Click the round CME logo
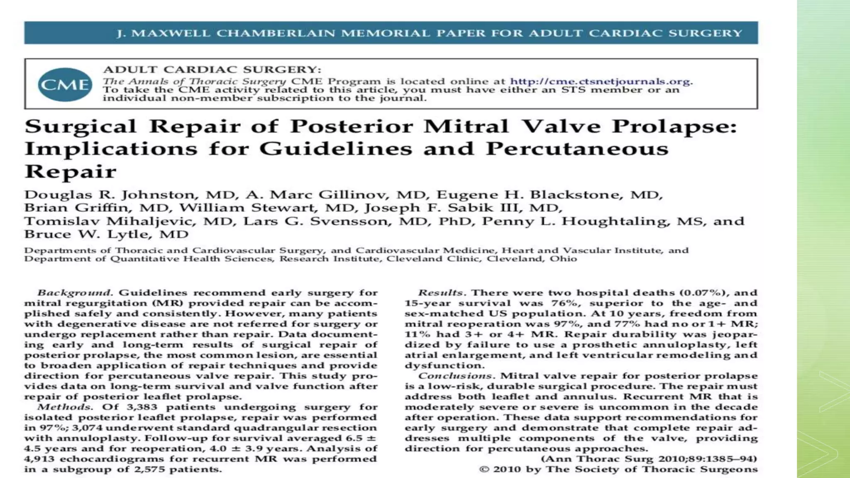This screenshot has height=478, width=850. [x=65, y=84]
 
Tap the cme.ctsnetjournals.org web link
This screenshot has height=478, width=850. [x=600, y=81]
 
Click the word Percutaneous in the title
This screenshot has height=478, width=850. [x=577, y=149]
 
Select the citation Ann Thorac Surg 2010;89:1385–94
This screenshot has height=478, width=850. [x=649, y=459]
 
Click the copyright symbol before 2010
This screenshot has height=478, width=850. [x=484, y=469]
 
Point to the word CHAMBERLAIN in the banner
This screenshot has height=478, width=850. [x=276, y=33]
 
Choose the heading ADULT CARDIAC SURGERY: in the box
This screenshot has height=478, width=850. [x=212, y=70]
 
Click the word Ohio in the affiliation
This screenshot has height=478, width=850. [x=563, y=259]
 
